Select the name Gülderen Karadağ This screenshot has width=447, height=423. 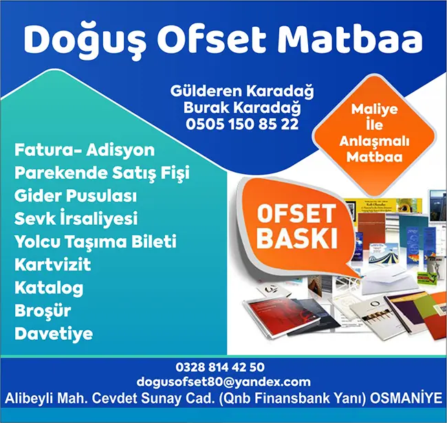point(242,91)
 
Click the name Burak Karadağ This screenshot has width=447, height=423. point(242,108)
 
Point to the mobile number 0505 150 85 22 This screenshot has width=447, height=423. point(242,124)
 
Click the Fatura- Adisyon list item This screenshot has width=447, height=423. point(85,150)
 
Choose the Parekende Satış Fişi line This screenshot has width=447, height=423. point(102,173)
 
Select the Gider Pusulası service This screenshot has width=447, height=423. point(76,196)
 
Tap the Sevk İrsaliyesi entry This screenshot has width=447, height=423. point(76,218)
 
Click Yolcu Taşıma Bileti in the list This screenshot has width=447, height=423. point(96,241)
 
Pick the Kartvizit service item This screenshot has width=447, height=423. point(53,265)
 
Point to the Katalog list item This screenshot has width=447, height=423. point(49,288)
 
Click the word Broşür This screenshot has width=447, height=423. point(43,310)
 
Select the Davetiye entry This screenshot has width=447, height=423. point(54,334)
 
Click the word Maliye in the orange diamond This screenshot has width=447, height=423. point(374,109)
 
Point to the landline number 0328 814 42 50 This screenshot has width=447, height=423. point(220,367)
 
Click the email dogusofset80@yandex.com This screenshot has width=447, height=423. point(223,382)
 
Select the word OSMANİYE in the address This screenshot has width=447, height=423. point(406,398)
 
